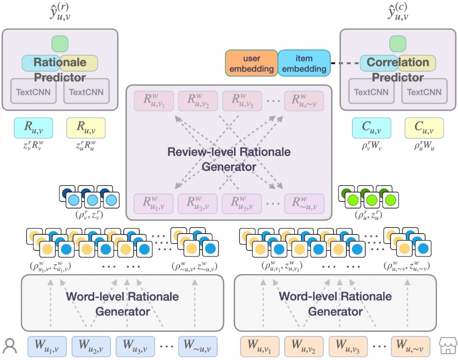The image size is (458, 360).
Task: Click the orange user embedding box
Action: tap(251, 63)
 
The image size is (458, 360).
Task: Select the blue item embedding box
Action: tap(304, 63)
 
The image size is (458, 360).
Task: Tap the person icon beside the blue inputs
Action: tap(9, 345)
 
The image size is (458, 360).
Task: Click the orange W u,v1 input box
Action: tap(260, 346)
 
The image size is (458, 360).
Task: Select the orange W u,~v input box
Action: tap(410, 346)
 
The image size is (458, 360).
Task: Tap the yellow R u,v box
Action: tap(85, 128)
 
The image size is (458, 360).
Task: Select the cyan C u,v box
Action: tap(371, 128)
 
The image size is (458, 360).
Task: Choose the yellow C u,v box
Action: tap(424, 128)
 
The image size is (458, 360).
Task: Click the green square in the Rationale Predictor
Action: tap(60, 44)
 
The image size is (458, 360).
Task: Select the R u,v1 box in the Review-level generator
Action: tap(153, 101)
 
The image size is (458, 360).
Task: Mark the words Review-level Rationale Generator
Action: tap(229, 159)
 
